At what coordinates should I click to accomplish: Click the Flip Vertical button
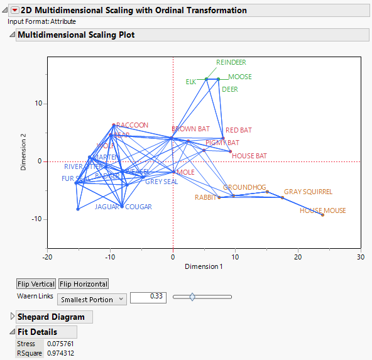click(x=36, y=284)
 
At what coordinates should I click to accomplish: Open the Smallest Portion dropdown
click(x=92, y=299)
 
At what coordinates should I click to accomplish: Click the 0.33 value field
click(x=148, y=297)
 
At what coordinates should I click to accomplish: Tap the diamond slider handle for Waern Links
click(x=192, y=297)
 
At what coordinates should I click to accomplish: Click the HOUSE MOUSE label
click(x=322, y=210)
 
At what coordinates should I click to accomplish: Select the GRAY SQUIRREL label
click(x=308, y=192)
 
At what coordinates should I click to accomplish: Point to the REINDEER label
click(x=231, y=63)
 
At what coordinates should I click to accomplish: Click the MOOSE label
click(x=239, y=77)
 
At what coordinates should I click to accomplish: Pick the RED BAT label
click(x=239, y=130)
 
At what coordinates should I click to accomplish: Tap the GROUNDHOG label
click(x=244, y=187)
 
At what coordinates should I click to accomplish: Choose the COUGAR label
click(x=138, y=207)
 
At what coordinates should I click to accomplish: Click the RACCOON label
click(x=133, y=125)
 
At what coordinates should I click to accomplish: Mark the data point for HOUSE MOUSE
click(x=322, y=215)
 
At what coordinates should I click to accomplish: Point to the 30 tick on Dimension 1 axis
click(x=360, y=257)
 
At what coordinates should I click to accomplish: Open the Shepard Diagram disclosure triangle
click(x=12, y=316)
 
